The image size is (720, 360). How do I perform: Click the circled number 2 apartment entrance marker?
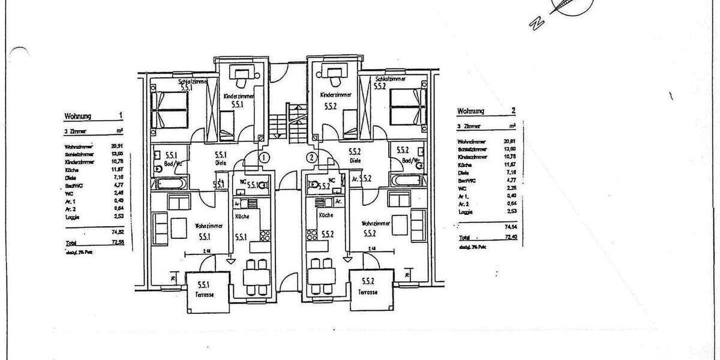coord(311,158)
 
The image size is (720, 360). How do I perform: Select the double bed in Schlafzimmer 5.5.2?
coord(408,107)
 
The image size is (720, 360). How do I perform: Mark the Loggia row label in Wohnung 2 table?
coord(465,212)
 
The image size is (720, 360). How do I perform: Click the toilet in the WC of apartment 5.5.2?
coord(313,186)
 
